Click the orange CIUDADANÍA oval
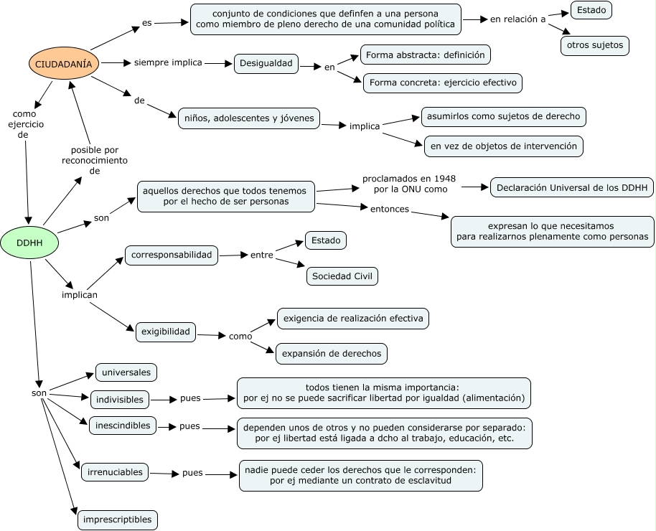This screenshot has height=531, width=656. tap(64, 64)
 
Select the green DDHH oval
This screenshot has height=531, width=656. tap(29, 243)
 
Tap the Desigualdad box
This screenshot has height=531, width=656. tap(266, 64)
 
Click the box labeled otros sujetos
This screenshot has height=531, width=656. tap(595, 45)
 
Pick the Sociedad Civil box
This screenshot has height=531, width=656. tap(342, 276)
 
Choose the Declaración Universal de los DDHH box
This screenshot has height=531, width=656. tap(572, 187)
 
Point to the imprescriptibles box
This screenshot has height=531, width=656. tap(118, 520)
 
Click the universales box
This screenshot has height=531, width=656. tap(126, 372)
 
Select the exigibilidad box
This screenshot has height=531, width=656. tap(166, 332)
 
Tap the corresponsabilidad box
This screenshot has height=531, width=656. tap(172, 255)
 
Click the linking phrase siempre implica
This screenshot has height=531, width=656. tap(168, 62)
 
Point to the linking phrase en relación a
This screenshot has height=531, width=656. tap(518, 19)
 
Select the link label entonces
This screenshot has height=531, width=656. tap(390, 209)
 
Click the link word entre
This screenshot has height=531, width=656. tap(262, 255)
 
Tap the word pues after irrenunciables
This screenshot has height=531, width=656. tap(192, 473)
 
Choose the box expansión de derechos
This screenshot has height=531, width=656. tap(332, 354)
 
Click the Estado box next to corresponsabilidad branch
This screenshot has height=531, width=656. tap(326, 240)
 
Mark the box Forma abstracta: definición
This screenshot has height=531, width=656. tap(426, 55)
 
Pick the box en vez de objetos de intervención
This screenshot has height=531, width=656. tap(504, 146)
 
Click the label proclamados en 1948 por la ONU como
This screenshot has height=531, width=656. tap(409, 184)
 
